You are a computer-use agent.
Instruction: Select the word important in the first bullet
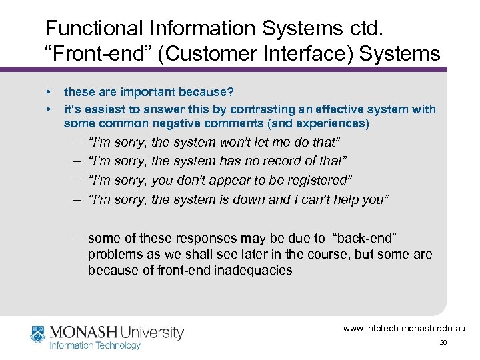(147, 92)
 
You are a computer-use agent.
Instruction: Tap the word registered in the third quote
(316, 180)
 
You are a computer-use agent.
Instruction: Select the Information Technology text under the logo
(95, 345)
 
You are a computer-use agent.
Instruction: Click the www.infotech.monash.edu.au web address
(403, 329)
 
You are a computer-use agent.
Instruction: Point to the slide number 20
(443, 343)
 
